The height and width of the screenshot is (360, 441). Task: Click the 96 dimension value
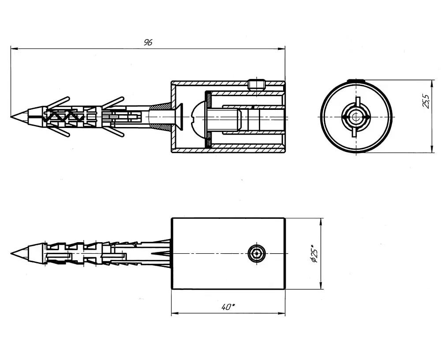point(148,42)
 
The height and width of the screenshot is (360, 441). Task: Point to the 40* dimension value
point(228,307)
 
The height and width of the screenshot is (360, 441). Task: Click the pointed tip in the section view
point(11,116)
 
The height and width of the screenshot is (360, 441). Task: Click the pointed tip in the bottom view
point(11,253)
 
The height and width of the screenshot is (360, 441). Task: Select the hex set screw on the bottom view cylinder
point(257,253)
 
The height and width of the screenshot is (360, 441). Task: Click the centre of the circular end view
point(356,116)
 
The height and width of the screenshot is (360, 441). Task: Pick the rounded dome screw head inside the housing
point(199,116)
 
